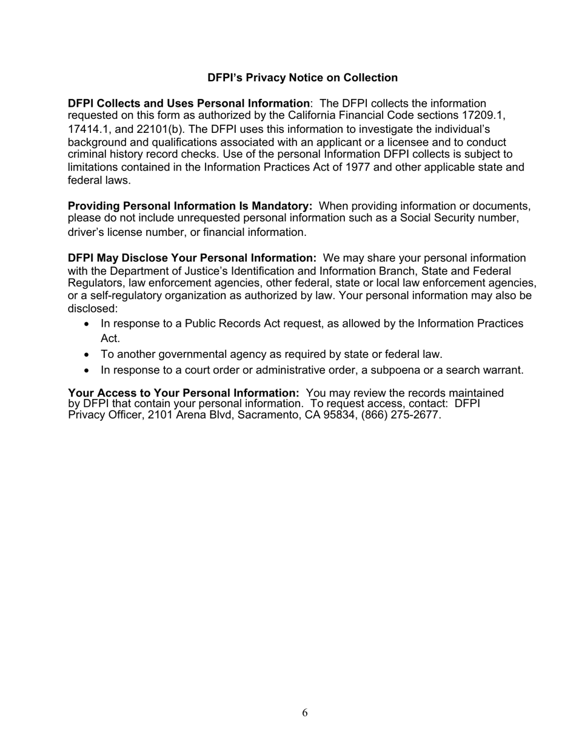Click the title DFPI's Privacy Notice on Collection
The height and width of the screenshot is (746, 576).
pos(303,78)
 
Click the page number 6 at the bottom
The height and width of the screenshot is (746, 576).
pos(305,713)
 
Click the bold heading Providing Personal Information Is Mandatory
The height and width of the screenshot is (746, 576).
pos(190,206)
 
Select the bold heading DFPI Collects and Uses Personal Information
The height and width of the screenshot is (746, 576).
pos(188,104)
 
